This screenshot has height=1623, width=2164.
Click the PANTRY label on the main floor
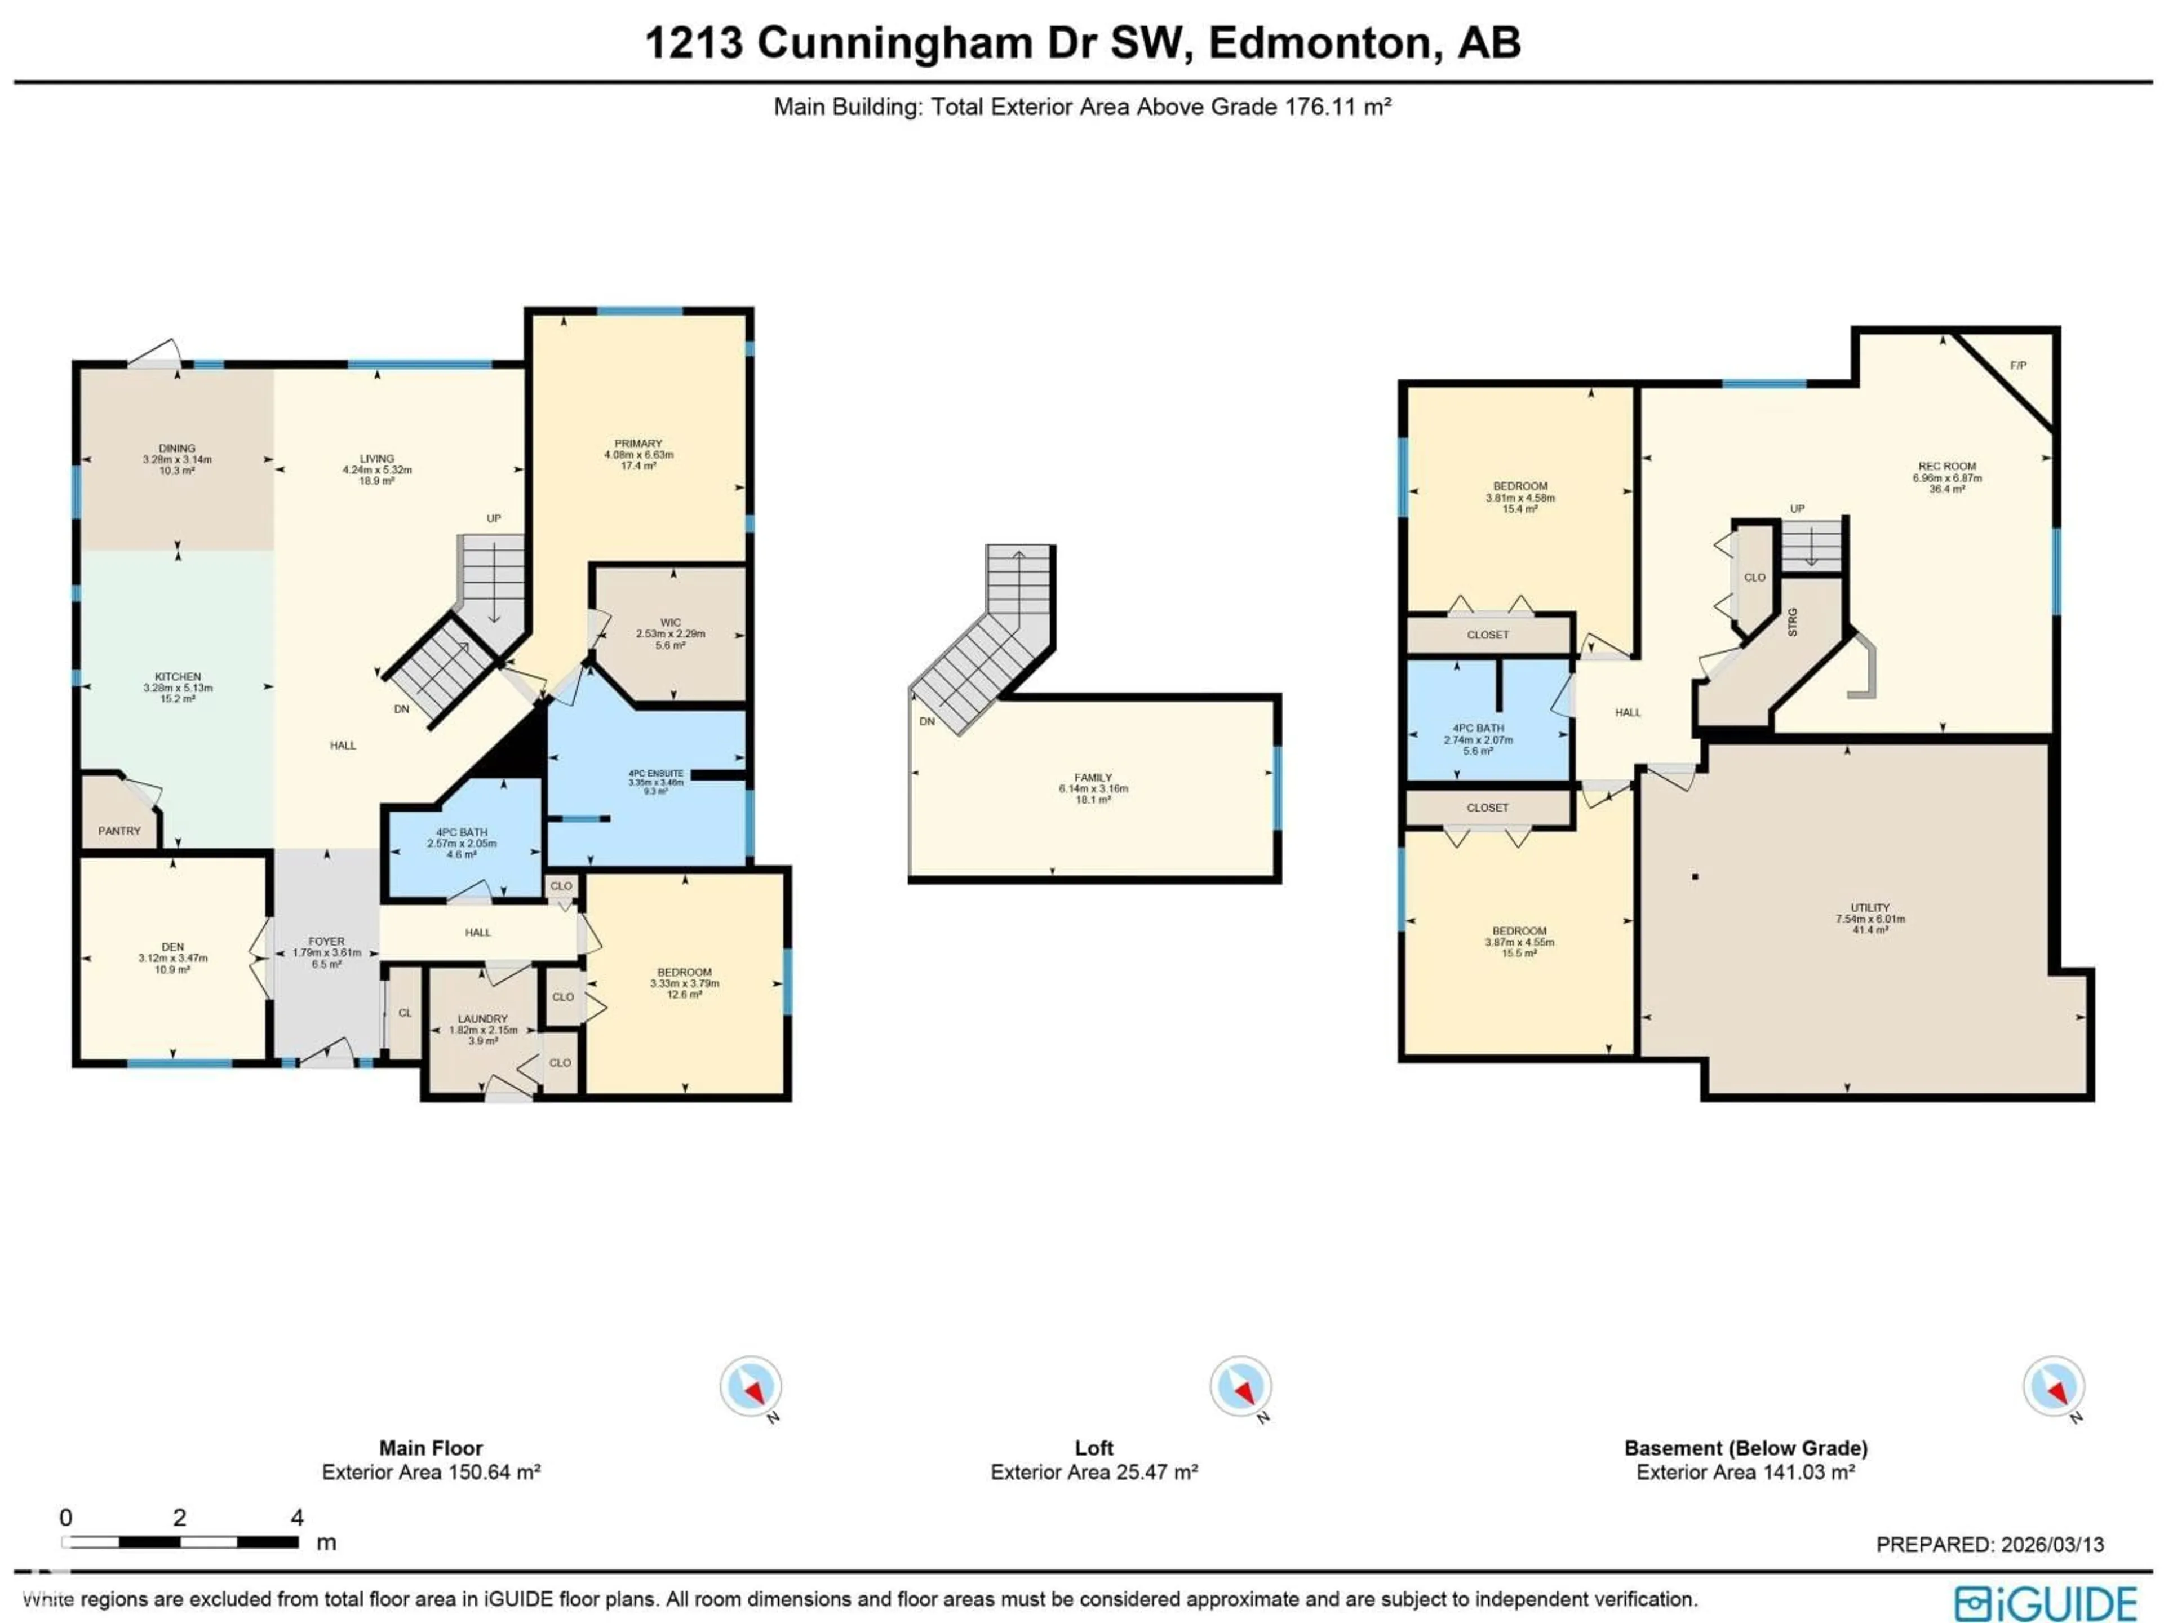pos(119,831)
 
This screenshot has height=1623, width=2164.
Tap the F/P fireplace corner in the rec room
pos(2017,366)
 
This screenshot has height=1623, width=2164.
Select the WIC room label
pos(670,622)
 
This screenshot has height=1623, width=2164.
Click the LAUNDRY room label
pos(482,1018)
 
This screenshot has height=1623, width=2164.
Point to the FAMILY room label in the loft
pos(1093,778)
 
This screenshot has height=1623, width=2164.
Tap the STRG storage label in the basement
pos(1792,622)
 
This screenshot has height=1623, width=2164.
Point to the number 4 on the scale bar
pos(298,1518)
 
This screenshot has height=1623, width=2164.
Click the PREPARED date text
pos(1989,1544)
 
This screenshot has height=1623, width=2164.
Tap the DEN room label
pos(172,947)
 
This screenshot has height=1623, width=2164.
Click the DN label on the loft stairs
pos(926,721)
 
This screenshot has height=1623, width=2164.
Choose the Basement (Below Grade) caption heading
pos(1745,1448)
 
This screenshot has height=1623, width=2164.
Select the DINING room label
pos(177,448)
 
